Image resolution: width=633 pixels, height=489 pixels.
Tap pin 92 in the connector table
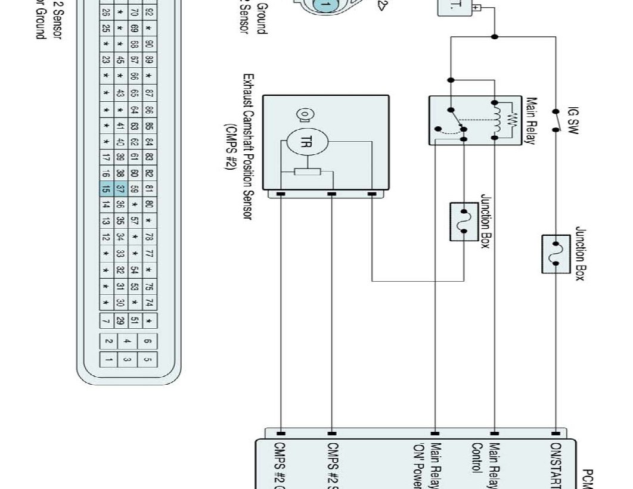coord(150,12)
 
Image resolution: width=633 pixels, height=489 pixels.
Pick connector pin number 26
coord(105,12)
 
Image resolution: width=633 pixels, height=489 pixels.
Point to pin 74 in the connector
coord(150,303)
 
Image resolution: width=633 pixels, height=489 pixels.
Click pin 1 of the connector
coord(108,360)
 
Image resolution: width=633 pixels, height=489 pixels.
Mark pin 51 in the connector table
coord(135,321)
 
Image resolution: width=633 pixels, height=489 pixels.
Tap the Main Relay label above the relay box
coord(532,121)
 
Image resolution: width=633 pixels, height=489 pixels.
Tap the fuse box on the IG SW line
coord(556,254)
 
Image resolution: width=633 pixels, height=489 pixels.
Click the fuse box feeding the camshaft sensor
coord(464,222)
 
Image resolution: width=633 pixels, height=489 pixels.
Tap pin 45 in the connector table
coord(120,60)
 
